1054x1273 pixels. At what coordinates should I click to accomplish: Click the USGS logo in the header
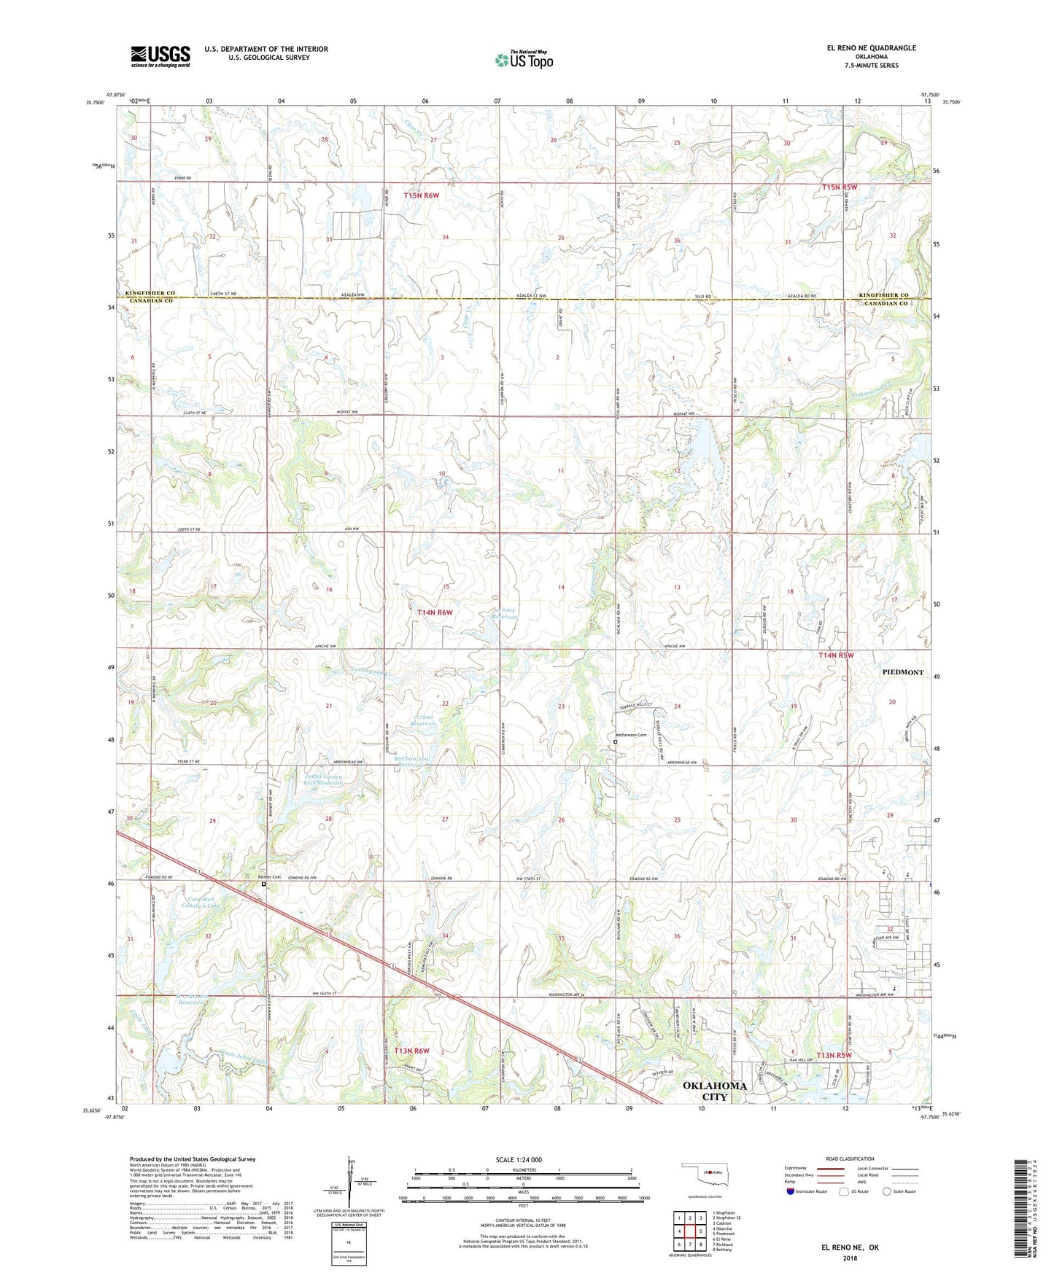[160, 55]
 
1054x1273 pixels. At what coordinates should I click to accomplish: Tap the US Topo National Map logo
[523, 59]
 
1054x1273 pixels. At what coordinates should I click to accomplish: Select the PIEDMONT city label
[902, 672]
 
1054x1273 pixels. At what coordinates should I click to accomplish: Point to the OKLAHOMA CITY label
[714, 1091]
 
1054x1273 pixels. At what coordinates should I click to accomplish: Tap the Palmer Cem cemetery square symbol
[264, 884]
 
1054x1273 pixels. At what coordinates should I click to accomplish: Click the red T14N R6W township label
[435, 612]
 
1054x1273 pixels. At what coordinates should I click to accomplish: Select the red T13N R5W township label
[834, 1055]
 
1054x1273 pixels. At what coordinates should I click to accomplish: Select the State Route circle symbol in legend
[887, 1191]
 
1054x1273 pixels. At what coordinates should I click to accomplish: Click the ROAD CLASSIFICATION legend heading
[849, 1159]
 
